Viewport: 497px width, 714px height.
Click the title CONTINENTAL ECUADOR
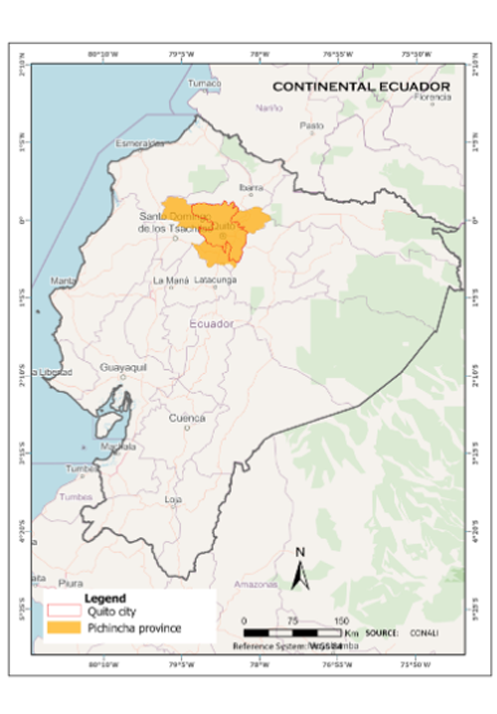[x=361, y=88]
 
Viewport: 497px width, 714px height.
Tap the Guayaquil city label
[x=123, y=367]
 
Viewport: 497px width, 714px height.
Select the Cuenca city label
[x=186, y=418]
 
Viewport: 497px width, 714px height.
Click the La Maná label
[x=170, y=280]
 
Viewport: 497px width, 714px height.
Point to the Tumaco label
[x=205, y=83]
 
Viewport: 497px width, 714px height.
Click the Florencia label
[x=432, y=96]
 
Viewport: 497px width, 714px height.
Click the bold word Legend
[x=106, y=599]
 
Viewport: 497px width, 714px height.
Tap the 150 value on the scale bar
[x=341, y=620]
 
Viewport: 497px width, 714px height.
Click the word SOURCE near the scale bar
[x=383, y=632]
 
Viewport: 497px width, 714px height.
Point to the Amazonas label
[x=255, y=584]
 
